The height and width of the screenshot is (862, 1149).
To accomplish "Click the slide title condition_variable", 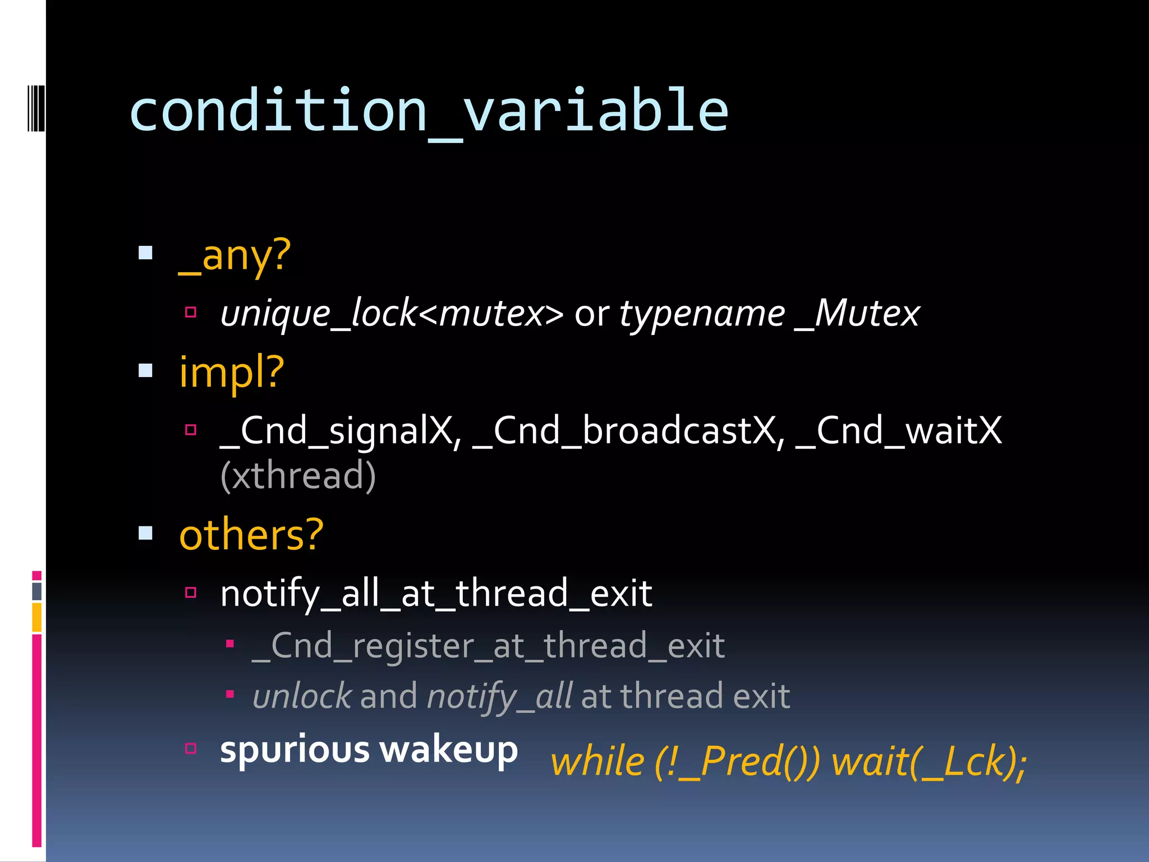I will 429,111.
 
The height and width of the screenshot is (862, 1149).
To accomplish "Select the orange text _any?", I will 235,255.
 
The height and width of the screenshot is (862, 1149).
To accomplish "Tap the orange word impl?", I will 232,372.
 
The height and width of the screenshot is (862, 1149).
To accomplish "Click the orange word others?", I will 251,535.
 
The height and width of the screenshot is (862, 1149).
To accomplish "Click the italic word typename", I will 702,314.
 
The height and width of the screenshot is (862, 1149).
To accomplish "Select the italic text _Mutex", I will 858,313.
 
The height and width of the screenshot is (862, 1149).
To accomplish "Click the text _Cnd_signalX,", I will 341,431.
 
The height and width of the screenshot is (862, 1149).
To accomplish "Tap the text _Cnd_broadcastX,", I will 628,431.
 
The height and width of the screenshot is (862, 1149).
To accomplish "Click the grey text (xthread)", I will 298,476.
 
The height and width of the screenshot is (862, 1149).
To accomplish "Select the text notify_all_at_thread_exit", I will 436,594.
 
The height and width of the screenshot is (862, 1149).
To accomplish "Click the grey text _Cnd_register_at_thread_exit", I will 488,646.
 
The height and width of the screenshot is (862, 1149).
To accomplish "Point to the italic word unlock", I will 302,696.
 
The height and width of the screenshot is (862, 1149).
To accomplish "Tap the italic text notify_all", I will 499,697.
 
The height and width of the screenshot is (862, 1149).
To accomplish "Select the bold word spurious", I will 295,750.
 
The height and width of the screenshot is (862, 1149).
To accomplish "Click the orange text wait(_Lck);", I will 929,762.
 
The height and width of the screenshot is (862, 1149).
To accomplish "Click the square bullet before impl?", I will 146,371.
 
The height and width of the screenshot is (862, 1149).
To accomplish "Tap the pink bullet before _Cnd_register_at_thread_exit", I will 229,644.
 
